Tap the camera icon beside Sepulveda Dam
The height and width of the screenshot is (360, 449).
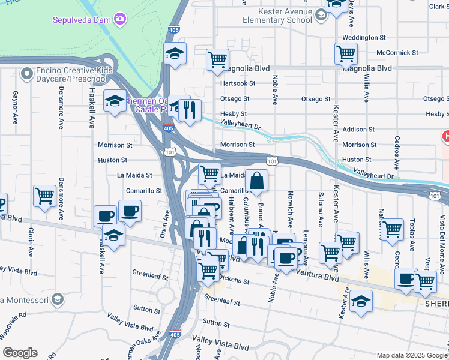click(x=121, y=19)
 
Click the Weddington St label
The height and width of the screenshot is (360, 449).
click(x=364, y=37)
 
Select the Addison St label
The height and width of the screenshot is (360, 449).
click(x=358, y=129)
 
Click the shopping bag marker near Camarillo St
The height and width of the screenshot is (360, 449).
click(x=256, y=180)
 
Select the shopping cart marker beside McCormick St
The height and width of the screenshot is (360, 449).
click(x=346, y=53)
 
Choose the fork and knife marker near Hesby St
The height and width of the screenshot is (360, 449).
click(x=190, y=110)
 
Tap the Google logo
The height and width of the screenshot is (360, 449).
click(x=20, y=353)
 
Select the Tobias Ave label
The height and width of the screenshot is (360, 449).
click(x=413, y=231)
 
